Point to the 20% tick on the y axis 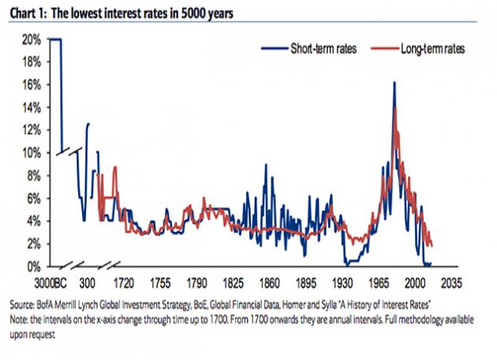32,38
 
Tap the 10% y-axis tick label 32,152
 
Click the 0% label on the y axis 35,267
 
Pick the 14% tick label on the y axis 32,107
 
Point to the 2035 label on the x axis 454,282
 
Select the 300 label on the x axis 88,282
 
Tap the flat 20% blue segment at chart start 55,38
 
